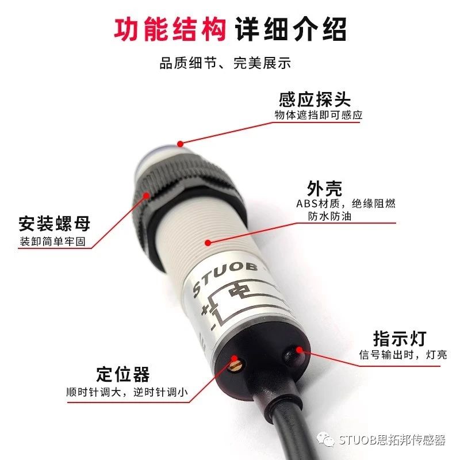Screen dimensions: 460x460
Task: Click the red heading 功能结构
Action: coord(170,29)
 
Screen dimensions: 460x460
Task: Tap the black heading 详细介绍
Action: coord(291,29)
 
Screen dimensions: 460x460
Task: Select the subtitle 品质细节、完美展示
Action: coord(225,63)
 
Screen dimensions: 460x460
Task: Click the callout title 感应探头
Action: coord(315,99)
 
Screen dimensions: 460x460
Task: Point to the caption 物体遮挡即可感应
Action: coord(319,115)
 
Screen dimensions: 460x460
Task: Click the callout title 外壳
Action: coord(324,189)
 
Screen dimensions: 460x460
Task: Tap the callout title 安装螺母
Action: coord(55,224)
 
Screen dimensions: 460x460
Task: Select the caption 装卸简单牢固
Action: coord(52,241)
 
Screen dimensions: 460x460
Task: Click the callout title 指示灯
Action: coord(400,339)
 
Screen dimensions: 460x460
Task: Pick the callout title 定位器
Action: coord(123,374)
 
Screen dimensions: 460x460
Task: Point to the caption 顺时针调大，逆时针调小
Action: coord(127,392)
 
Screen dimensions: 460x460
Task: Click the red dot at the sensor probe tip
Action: coord(181,144)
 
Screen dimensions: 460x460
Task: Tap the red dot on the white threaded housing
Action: coord(208,243)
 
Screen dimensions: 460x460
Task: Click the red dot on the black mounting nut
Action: coord(146,195)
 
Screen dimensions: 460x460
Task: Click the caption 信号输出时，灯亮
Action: coord(403,355)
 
